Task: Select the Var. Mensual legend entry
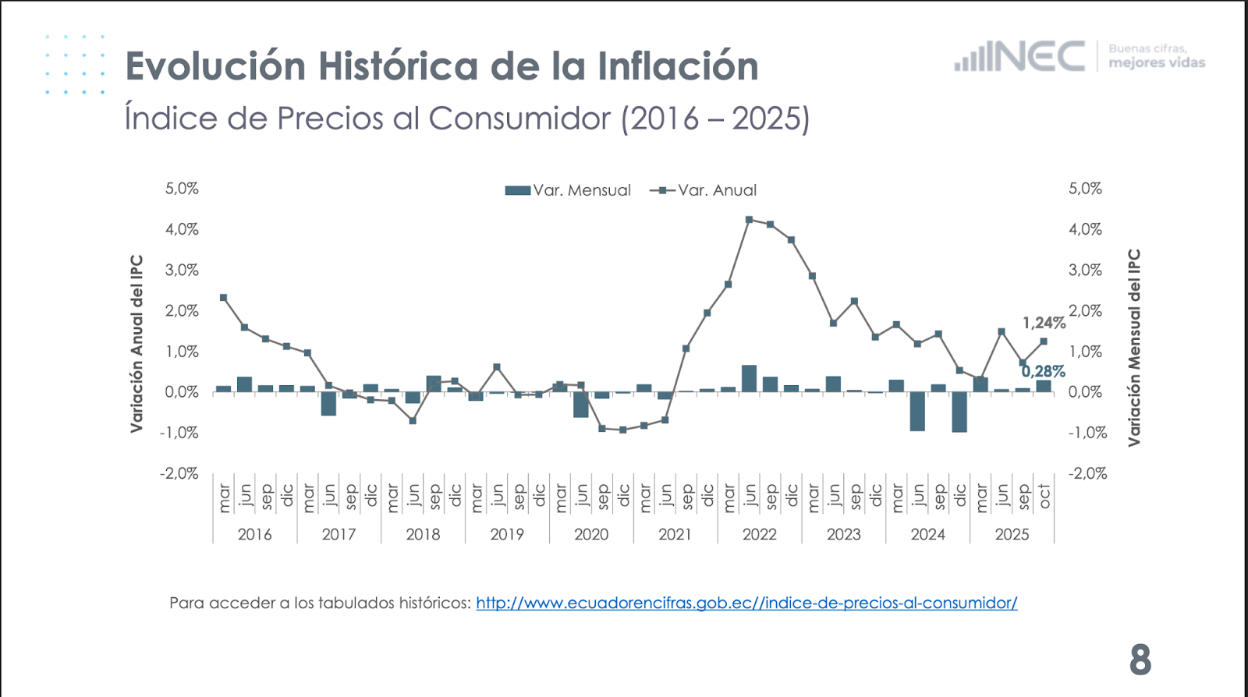point(568,190)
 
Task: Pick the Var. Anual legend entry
point(704,190)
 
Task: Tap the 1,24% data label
point(1044,323)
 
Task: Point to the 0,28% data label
point(1043,372)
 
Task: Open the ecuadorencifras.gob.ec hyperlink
point(746,603)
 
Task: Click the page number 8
point(1140,660)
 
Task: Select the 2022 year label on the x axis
point(759,534)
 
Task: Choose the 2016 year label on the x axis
point(254,534)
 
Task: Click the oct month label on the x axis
point(1044,496)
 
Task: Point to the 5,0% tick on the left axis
point(182,189)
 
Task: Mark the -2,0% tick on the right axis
point(1087,473)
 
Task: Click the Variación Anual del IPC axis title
point(137,343)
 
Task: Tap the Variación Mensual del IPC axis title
point(1134,348)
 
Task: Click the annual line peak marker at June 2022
point(749,220)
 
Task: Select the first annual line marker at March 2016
point(223,297)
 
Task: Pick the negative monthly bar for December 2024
point(959,412)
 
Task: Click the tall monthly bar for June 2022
point(749,378)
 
